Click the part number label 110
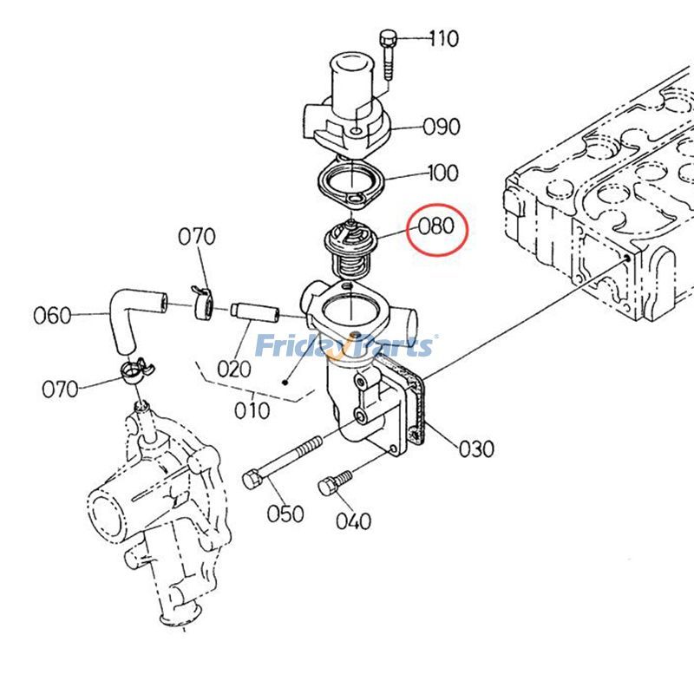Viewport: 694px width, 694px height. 443,38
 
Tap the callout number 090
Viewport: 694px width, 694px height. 442,128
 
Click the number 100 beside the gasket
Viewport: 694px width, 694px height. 442,173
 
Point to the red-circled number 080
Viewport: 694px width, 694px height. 436,227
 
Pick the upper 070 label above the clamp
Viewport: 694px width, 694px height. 197,236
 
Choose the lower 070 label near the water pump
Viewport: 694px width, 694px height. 60,390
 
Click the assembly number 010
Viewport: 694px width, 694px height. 252,409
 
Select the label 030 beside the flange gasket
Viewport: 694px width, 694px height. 476,448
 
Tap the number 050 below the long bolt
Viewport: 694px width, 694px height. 285,514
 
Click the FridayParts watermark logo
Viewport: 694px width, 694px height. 345,346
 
